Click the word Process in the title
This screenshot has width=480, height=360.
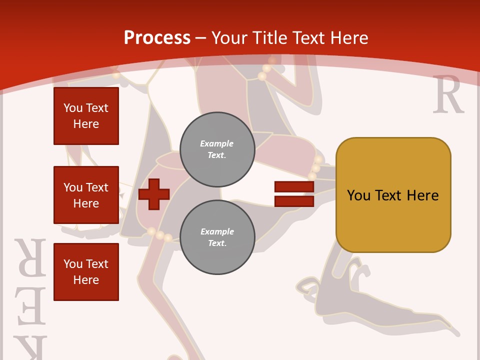[x=157, y=38]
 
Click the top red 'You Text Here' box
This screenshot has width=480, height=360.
[x=86, y=116]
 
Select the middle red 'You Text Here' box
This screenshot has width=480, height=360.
[x=86, y=195]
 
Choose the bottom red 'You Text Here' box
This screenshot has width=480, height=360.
[x=86, y=272]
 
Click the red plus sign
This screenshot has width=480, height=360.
[x=154, y=194]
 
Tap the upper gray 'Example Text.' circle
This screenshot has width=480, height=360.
[x=217, y=149]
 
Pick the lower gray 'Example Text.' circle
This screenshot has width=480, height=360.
[x=217, y=237]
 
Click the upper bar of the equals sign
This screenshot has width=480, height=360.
[x=294, y=187]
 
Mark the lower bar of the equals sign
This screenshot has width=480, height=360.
[x=294, y=201]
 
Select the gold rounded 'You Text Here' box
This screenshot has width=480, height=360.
[x=393, y=195]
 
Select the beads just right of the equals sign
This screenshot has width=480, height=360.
[x=315, y=167]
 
